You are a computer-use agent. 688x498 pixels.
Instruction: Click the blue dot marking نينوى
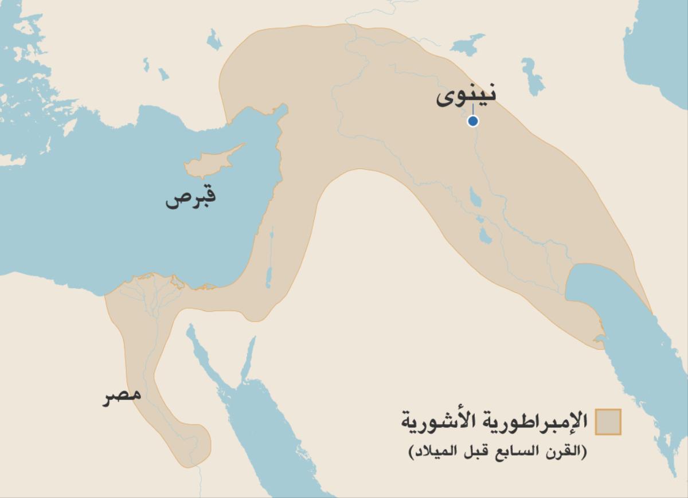click(x=472, y=121)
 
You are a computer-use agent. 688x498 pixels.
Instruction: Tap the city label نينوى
click(x=466, y=96)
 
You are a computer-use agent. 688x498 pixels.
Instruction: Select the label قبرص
click(x=191, y=198)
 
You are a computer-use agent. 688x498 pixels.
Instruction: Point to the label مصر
click(x=122, y=396)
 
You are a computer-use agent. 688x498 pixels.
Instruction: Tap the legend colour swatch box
click(x=608, y=422)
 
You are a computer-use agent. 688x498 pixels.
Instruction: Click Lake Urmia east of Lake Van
click(x=533, y=76)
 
